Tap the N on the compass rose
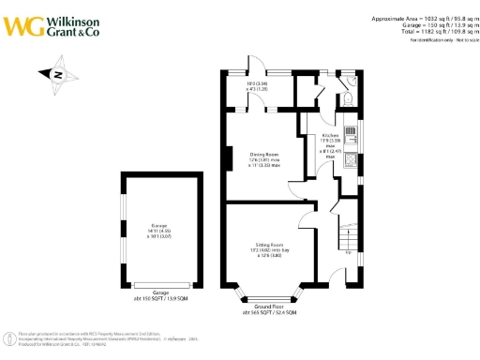point(57,75)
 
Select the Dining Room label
point(263,155)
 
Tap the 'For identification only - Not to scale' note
point(436,40)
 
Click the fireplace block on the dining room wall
point(227,158)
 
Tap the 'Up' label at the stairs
point(349,252)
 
